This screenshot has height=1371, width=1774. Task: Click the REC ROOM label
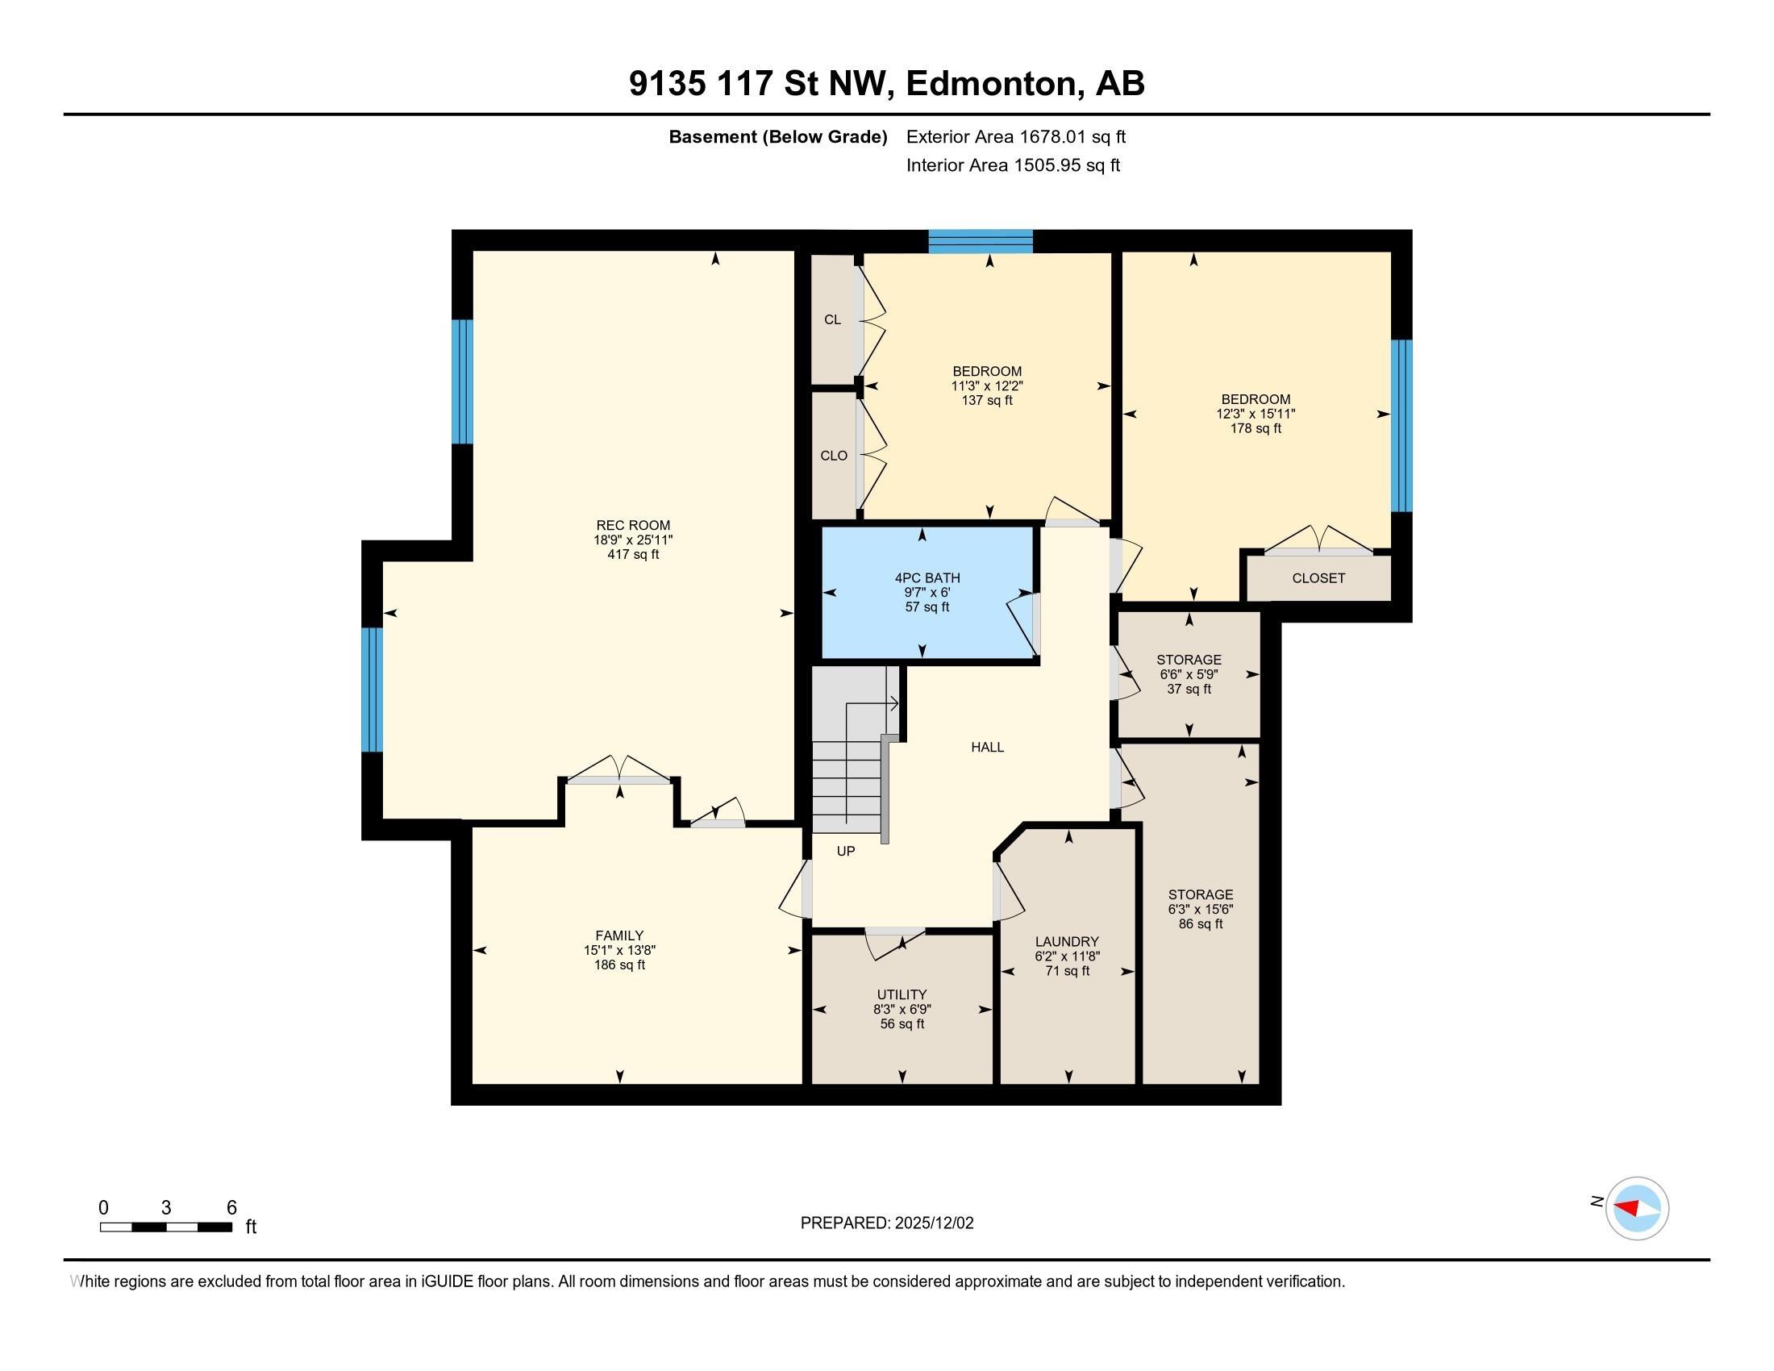(633, 526)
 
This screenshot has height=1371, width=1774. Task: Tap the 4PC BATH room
(927, 592)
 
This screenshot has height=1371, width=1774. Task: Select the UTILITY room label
(902, 995)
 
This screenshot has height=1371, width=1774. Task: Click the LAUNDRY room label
(1067, 942)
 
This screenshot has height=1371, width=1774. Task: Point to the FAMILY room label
(619, 936)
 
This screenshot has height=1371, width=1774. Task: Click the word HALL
(987, 748)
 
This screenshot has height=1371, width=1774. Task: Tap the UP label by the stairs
(846, 851)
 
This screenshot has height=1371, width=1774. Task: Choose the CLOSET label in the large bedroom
(1318, 578)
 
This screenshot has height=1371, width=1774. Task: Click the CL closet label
(833, 320)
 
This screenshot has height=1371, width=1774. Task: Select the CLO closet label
(834, 456)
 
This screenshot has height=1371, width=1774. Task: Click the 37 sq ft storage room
(1189, 674)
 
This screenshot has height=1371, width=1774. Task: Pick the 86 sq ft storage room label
(1201, 895)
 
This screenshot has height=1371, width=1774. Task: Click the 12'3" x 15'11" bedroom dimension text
(1255, 415)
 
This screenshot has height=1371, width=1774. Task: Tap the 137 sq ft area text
(987, 401)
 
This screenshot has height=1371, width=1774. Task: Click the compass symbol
(1636, 1208)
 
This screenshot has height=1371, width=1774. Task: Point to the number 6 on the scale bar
(231, 1208)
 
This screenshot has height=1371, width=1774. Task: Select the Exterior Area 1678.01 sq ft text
(1015, 137)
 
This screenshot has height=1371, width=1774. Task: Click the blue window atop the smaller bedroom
(981, 241)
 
